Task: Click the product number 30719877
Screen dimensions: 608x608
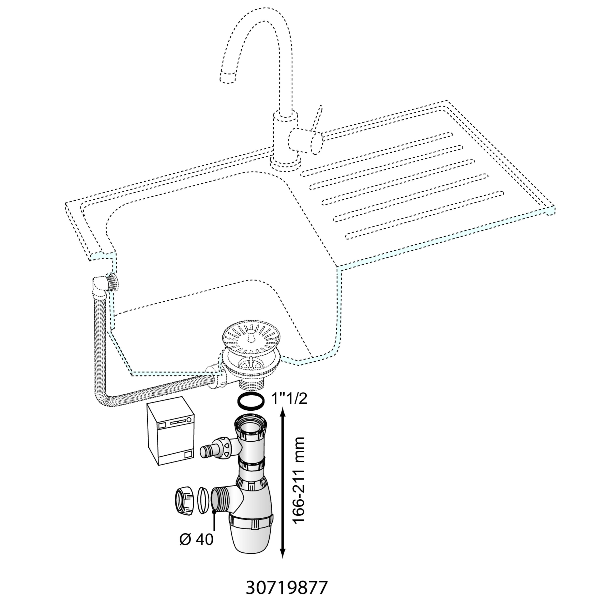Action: coord(287,587)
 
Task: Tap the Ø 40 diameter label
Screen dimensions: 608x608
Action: coord(196,540)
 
